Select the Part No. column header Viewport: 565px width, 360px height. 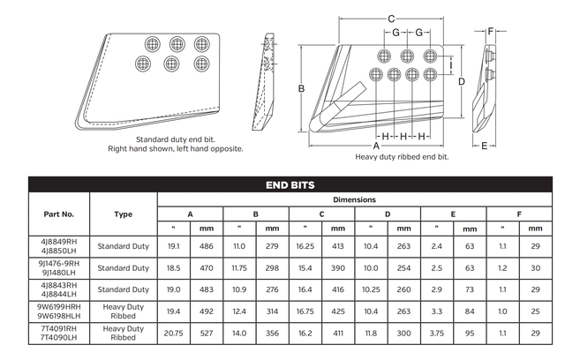(x=59, y=214)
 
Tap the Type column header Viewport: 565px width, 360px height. (x=124, y=214)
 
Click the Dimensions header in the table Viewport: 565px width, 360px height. (x=354, y=200)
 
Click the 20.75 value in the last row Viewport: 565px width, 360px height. (x=173, y=334)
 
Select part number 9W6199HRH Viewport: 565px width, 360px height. (x=60, y=308)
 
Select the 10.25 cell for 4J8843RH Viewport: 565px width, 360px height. (x=372, y=289)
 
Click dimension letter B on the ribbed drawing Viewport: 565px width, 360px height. (x=301, y=88)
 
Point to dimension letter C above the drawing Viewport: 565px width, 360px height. (x=390, y=19)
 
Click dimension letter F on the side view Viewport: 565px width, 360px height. (x=492, y=31)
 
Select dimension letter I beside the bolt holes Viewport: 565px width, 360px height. (x=452, y=64)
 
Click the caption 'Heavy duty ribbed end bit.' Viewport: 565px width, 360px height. (x=402, y=156)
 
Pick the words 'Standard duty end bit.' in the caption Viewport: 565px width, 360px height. (x=175, y=139)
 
